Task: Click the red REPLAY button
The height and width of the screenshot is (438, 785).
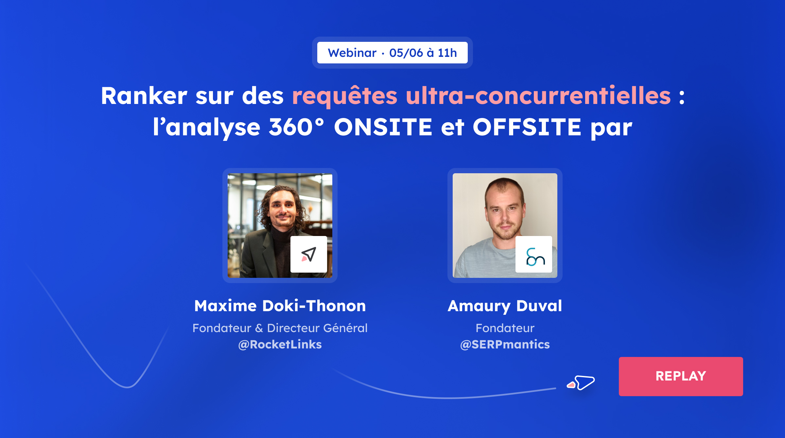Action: coord(681,376)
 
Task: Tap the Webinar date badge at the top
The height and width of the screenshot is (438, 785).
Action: coord(392,53)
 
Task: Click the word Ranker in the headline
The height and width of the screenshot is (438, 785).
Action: coord(144,96)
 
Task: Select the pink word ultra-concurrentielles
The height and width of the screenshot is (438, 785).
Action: coord(538,96)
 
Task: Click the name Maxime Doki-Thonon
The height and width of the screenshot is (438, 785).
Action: coord(280,306)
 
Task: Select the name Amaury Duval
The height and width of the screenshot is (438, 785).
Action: coord(505,306)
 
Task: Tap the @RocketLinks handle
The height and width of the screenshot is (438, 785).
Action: coord(280,345)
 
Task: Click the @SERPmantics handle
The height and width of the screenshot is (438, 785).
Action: coord(505,345)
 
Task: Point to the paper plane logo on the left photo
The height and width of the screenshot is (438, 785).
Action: coord(308,254)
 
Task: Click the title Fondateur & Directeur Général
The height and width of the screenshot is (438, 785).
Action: coord(280,328)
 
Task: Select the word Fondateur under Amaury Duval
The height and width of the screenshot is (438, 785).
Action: coord(505,328)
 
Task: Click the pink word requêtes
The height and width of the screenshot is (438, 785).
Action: coord(345,96)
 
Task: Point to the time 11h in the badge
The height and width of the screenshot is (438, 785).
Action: coord(447,53)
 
